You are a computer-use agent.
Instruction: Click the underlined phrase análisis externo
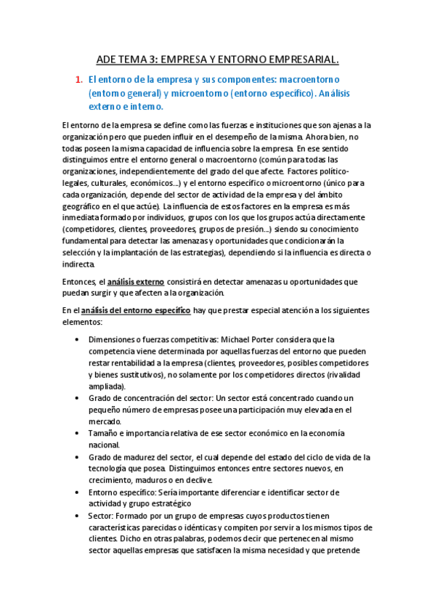[x=137, y=281]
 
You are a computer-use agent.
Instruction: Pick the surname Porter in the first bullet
[x=267, y=339]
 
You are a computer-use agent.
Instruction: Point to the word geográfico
[x=85, y=206]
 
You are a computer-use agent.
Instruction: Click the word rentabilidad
[x=136, y=362]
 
